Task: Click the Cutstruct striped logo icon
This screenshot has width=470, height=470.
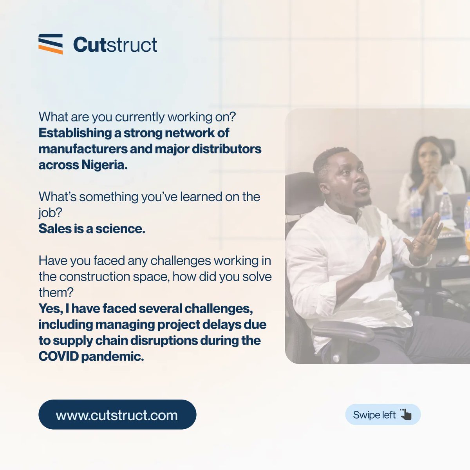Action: [51, 44]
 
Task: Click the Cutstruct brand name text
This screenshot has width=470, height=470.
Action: [115, 45]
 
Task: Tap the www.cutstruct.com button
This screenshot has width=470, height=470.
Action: [117, 415]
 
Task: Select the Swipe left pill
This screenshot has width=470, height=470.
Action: [383, 415]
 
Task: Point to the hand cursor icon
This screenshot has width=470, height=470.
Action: [406, 414]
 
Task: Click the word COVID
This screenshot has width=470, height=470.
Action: [58, 356]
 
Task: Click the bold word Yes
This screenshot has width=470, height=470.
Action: [50, 309]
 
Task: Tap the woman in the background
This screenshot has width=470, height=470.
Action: [429, 172]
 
